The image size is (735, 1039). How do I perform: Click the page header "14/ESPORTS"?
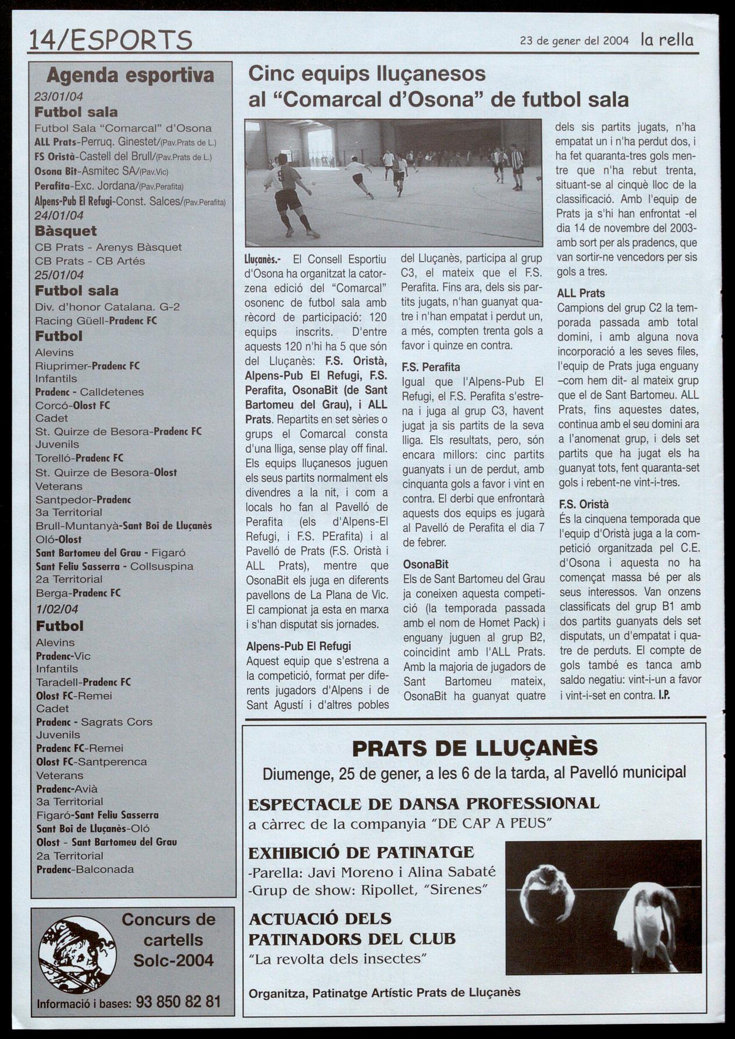tap(111, 41)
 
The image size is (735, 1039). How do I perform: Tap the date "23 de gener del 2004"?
tap(574, 41)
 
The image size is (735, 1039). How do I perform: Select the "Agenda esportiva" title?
tap(130, 75)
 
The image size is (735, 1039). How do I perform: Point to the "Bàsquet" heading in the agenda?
tap(66, 231)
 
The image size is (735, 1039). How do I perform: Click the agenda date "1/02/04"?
tap(57, 609)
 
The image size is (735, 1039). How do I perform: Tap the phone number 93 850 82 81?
tap(178, 1002)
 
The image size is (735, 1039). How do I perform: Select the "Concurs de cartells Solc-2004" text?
tap(169, 940)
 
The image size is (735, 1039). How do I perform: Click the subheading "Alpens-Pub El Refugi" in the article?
tap(299, 646)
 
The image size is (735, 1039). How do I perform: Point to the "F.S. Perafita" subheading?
tap(431, 367)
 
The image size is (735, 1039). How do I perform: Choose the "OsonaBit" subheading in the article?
tap(426, 564)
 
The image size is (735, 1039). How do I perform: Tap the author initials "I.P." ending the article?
tap(664, 694)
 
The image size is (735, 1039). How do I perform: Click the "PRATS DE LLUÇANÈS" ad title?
tap(475, 747)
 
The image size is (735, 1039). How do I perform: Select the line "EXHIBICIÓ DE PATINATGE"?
tap(361, 853)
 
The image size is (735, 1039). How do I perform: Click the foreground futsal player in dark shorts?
tap(291, 192)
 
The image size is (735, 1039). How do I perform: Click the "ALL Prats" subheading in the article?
tap(581, 293)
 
